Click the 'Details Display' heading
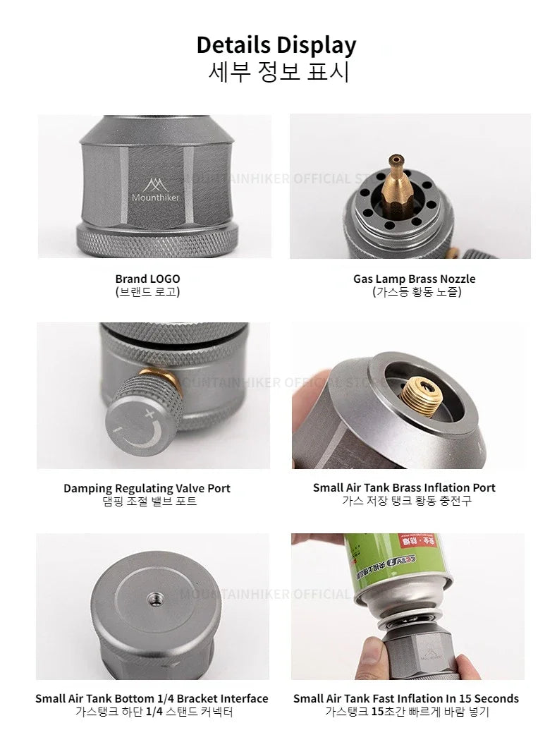(x=276, y=44)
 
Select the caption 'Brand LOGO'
(x=147, y=279)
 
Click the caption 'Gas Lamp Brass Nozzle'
(x=414, y=279)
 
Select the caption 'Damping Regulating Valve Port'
(x=147, y=488)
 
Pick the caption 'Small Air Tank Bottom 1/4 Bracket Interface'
(x=152, y=698)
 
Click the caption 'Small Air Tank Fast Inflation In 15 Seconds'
(x=406, y=698)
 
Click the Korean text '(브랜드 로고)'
(x=147, y=291)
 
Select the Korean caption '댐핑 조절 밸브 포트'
(x=147, y=502)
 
